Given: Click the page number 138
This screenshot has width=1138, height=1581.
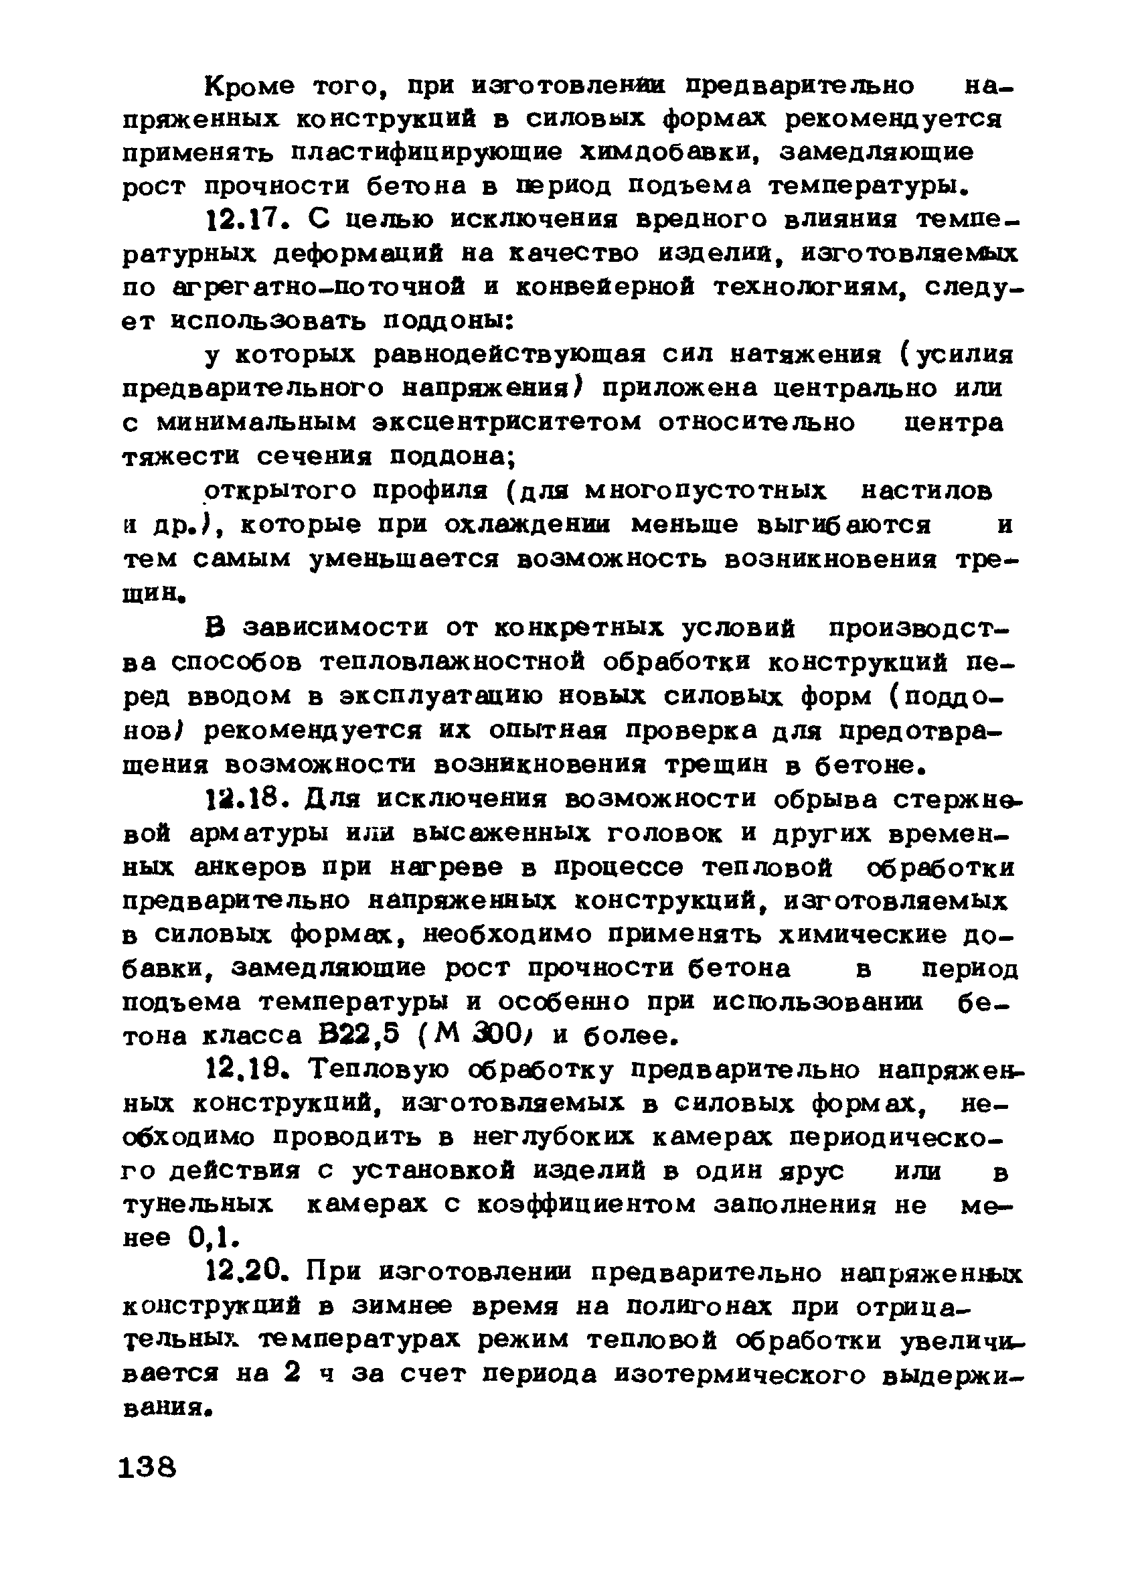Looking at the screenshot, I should [148, 1468].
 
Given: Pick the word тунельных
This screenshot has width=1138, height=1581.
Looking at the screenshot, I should [197, 1205].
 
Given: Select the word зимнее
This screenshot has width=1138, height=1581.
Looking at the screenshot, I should [401, 1307].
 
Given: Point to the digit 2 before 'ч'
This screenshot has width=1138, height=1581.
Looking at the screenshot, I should [293, 1374].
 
